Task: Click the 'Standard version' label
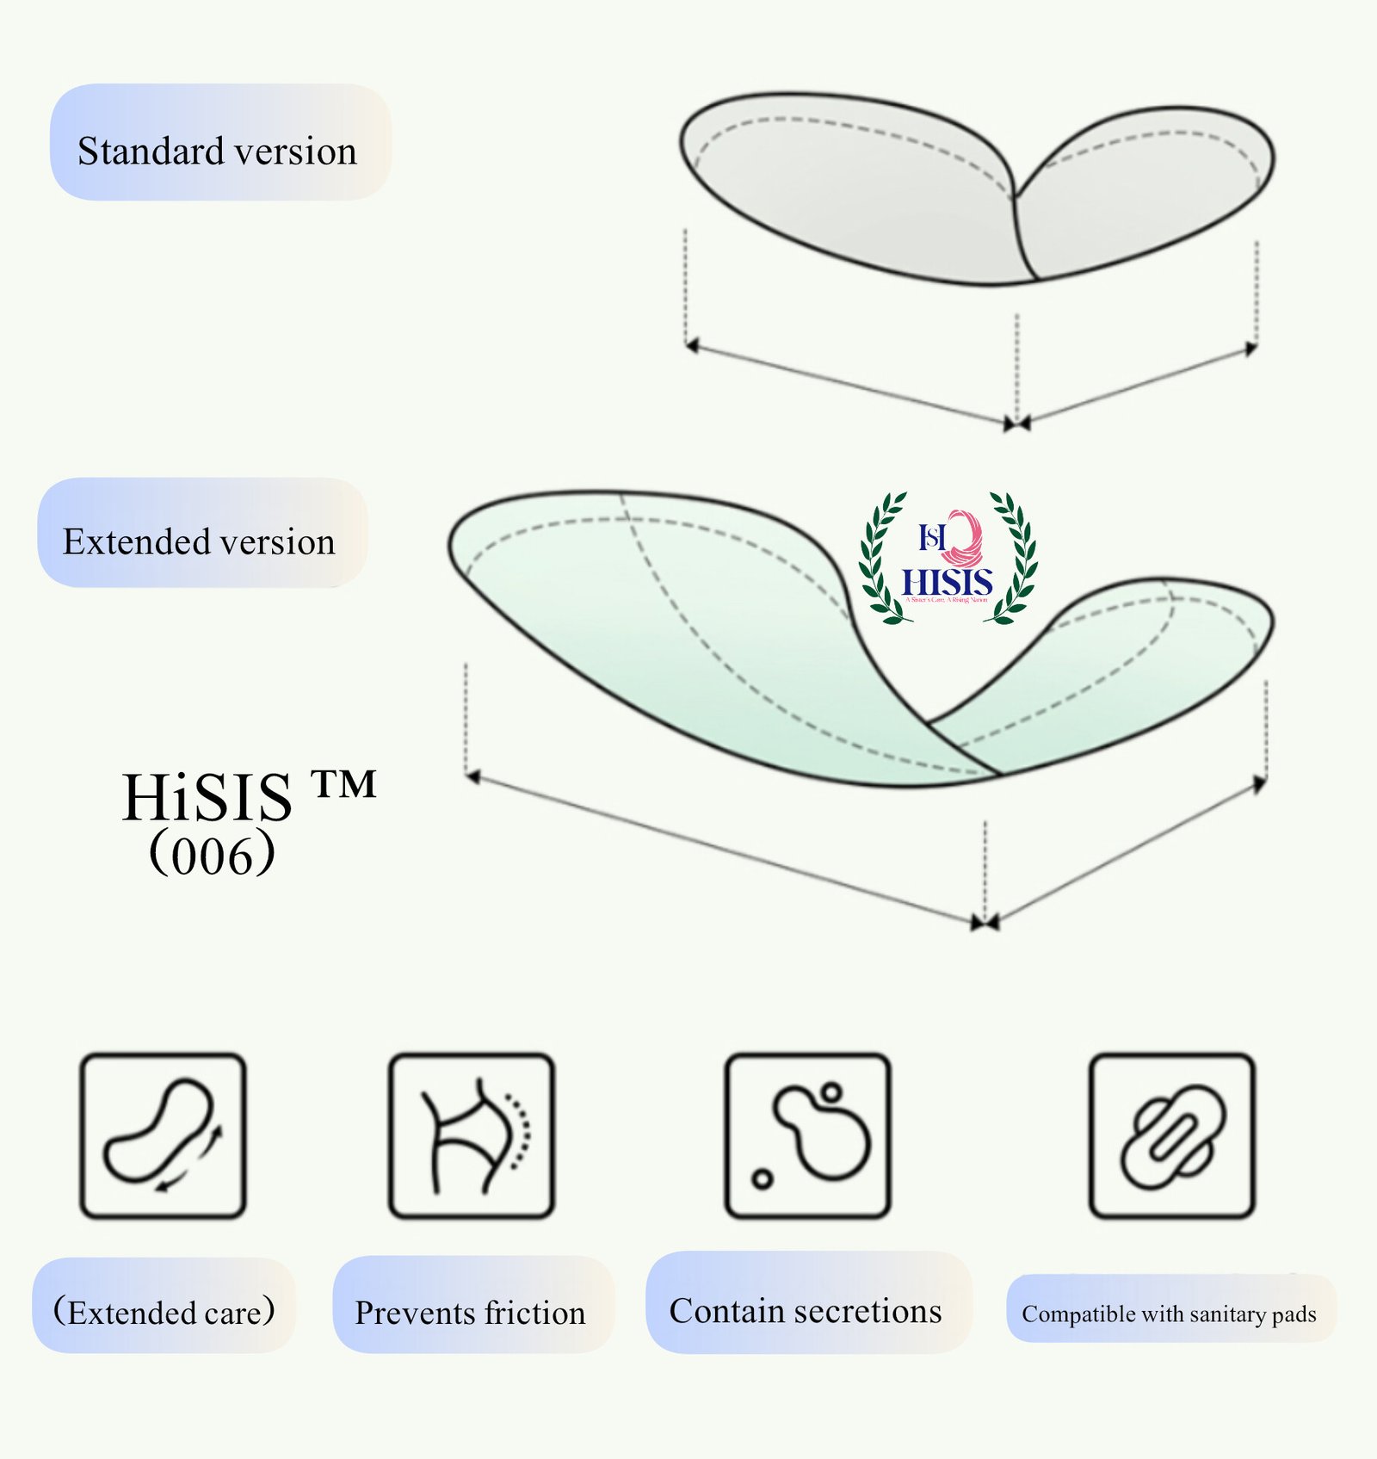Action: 217,151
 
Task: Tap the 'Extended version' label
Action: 199,541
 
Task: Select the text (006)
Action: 212,855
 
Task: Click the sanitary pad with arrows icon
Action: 163,1135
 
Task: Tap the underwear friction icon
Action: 471,1135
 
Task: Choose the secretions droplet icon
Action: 807,1135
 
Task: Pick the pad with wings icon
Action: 1171,1135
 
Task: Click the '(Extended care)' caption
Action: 164,1312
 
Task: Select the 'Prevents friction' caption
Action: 470,1313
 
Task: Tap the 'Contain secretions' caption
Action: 806,1311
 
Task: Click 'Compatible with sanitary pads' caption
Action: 1169,1314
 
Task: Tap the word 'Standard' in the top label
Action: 151,151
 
